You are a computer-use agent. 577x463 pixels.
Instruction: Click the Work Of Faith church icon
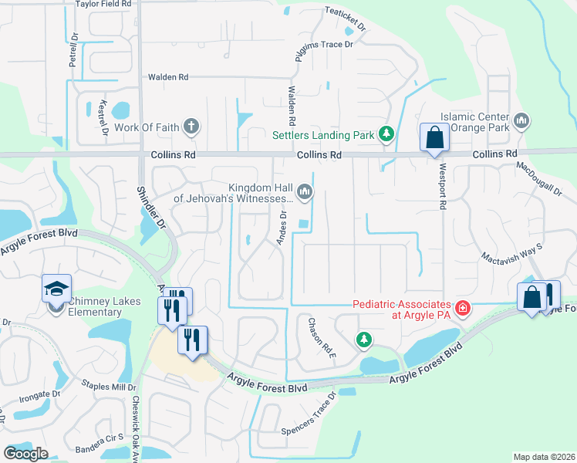pos(191,127)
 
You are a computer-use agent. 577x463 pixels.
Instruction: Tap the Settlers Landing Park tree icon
pos(386,135)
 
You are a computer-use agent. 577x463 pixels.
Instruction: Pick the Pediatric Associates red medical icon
pos(462,309)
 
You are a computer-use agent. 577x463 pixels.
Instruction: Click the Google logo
pos(25,454)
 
